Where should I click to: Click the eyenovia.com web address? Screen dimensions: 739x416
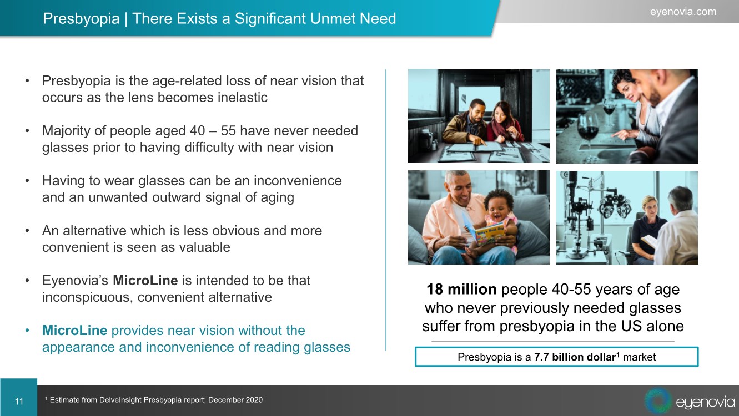683,12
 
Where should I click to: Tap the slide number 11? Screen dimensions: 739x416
19,401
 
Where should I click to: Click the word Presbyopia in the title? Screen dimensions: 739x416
81,18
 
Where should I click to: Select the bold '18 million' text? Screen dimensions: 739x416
461,289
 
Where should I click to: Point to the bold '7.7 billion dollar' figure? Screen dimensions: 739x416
575,357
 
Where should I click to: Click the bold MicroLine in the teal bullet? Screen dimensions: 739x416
74,330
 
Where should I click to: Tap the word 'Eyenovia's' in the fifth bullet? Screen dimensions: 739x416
75,281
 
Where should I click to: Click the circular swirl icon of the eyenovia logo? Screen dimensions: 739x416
658,400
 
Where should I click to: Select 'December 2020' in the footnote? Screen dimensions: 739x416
235,400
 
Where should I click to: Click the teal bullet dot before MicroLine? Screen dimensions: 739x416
27,331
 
